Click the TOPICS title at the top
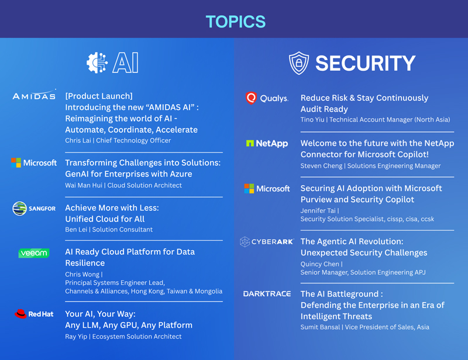pos(236,22)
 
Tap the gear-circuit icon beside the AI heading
pos(97,63)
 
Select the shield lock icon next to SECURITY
pos(299,63)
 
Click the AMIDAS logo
pos(34,95)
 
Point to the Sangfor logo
pos(34,209)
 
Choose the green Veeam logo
pos(34,253)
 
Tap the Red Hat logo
pos(34,314)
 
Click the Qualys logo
pos(267,98)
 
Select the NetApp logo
pos(267,143)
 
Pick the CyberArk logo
pos(267,241)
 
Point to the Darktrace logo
pos(267,294)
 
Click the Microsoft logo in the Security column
pos(267,189)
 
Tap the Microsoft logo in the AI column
pos(34,162)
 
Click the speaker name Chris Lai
pos(78,140)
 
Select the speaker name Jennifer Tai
pos(318,210)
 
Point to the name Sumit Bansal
pos(320,327)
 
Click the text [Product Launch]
pos(99,96)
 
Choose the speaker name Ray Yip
pos(76,337)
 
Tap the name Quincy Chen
pos(319,264)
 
